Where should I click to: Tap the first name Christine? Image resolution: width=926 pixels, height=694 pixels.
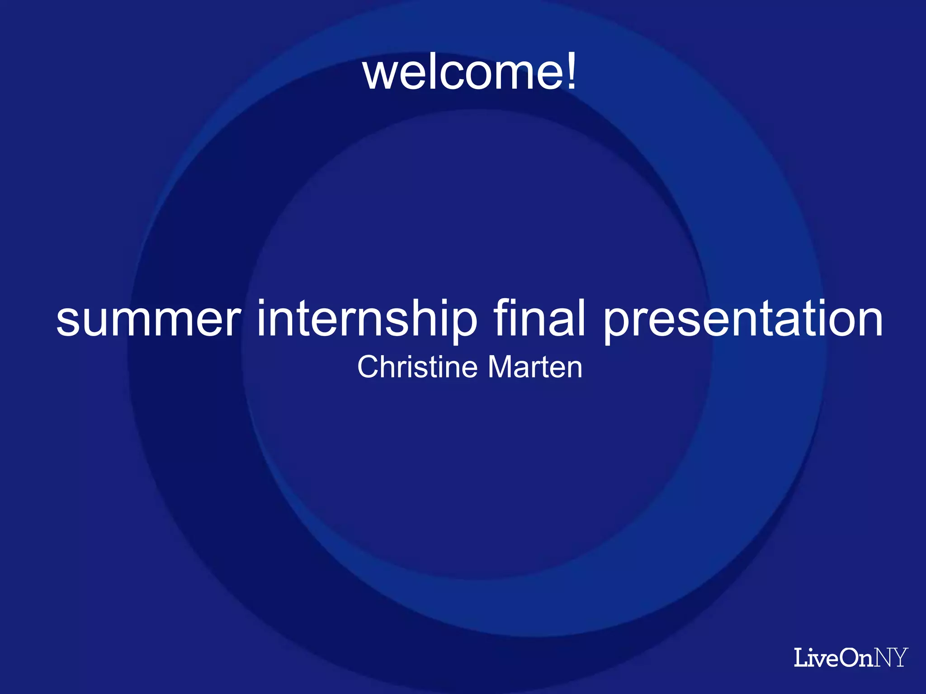click(x=417, y=367)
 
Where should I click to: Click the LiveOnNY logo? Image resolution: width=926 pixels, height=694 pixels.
click(x=850, y=657)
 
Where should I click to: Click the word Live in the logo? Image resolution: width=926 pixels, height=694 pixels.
click(x=817, y=658)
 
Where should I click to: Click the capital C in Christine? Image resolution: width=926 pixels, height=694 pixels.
click(x=369, y=367)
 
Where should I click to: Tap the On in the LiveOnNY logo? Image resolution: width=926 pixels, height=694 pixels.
click(x=856, y=658)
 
